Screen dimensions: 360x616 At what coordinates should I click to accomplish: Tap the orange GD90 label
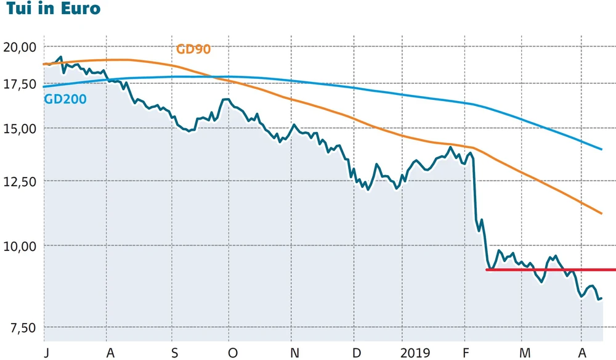pos(193,49)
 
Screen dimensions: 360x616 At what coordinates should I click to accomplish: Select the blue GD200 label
pos(65,98)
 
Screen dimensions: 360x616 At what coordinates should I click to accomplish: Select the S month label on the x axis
pos(175,353)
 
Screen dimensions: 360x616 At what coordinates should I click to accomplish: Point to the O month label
pos(232,353)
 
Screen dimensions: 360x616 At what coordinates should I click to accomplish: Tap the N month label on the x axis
pos(294,353)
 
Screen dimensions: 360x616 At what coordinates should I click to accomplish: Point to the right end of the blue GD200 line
pos(601,149)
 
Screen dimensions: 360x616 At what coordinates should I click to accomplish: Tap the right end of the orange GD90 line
pos(601,213)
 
